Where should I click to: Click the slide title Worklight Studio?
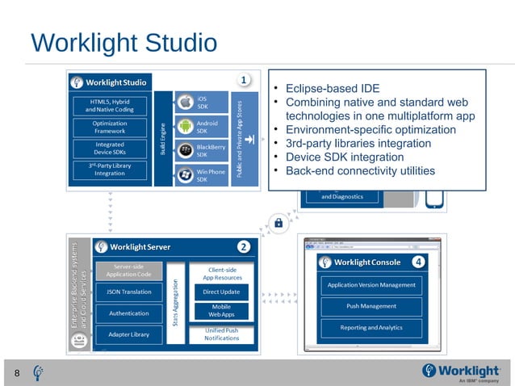click(x=124, y=42)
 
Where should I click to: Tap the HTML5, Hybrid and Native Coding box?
click(x=111, y=106)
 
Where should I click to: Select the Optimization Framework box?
click(x=111, y=128)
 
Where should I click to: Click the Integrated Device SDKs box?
click(x=111, y=149)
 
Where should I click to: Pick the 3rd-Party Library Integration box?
click(x=111, y=170)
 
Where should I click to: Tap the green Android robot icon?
click(x=185, y=127)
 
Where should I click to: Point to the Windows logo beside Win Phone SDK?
click(x=185, y=174)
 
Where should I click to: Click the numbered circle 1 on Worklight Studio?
click(x=244, y=79)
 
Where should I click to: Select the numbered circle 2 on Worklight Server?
click(x=244, y=245)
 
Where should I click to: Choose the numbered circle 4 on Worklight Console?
click(x=418, y=262)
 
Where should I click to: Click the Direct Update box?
click(x=221, y=292)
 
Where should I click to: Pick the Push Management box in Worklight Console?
click(x=371, y=306)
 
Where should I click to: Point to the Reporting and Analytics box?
click(x=371, y=328)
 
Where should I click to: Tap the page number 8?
click(x=17, y=372)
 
